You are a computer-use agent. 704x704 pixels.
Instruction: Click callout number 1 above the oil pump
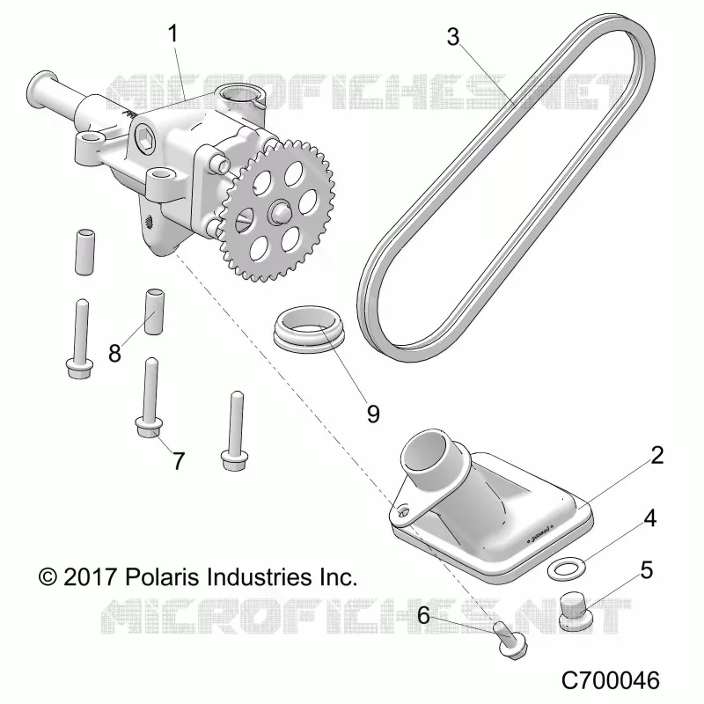coord(172,33)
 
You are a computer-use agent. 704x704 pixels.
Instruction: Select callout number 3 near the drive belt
coord(453,37)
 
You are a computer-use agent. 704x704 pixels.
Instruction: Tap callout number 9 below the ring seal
coord(373,414)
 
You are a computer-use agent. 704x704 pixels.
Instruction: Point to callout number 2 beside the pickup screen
coord(656,455)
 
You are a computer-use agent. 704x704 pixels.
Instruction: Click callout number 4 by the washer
coord(649,518)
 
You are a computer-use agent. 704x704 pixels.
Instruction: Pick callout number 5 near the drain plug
coord(647,570)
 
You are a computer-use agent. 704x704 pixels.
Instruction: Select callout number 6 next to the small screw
coord(424,615)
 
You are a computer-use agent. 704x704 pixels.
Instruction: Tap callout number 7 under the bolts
coord(179,461)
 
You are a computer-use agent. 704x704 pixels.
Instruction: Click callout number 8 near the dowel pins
coord(115,354)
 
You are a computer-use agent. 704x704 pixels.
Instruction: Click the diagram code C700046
coord(611,680)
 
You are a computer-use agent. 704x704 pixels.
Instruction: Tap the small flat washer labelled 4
coord(567,569)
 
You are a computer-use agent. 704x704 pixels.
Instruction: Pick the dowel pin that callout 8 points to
coord(153,312)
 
